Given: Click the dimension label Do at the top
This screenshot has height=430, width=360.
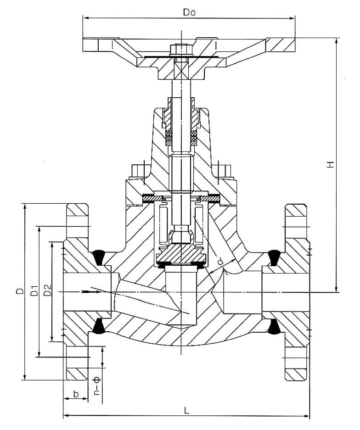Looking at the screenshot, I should point(189,13).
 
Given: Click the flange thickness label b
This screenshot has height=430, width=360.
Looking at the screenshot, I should point(76,394).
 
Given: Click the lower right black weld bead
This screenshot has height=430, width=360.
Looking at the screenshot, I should point(274,326).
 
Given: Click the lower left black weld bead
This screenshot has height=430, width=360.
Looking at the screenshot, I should point(98,326).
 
